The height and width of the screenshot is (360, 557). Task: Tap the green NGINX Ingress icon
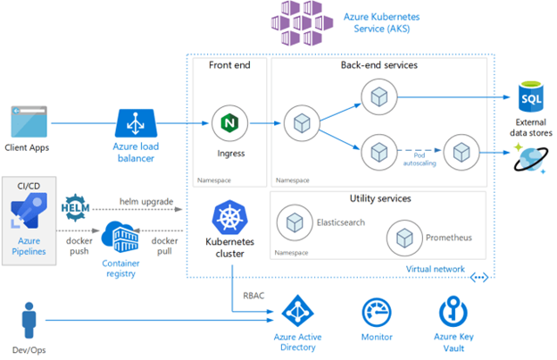click(x=229, y=121)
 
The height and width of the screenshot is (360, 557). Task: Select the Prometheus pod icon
click(x=403, y=238)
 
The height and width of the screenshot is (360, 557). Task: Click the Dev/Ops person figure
click(x=29, y=317)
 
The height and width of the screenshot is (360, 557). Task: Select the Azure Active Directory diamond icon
click(x=297, y=313)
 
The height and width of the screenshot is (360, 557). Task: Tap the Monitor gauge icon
click(x=375, y=313)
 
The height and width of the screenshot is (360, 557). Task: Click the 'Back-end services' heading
click(x=378, y=66)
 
